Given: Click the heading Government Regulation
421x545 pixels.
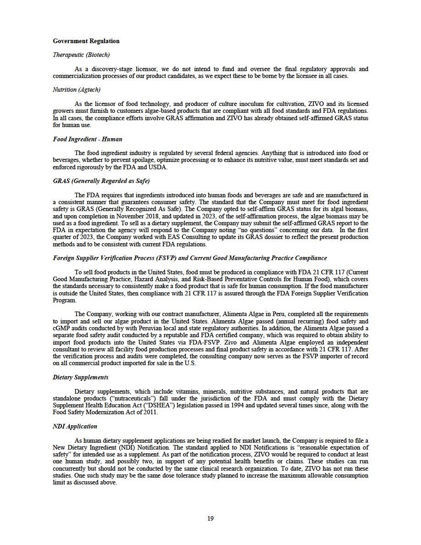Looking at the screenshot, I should [86, 41].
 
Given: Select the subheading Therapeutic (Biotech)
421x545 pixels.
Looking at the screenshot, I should [81, 55].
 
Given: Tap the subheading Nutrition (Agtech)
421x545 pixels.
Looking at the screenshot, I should [77, 90].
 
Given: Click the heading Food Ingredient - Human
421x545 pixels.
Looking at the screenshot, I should [88, 139].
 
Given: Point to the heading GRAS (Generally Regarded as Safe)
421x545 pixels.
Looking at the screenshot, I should [101, 181].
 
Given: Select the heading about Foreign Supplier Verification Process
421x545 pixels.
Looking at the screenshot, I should [190, 258].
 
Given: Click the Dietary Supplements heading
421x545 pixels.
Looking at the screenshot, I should [81, 378].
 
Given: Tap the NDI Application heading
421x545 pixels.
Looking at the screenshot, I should [75, 427].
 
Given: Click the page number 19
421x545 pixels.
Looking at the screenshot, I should [210, 519].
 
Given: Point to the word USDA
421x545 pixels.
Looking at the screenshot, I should [160, 167].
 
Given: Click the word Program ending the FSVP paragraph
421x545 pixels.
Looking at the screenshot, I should [64, 300].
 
